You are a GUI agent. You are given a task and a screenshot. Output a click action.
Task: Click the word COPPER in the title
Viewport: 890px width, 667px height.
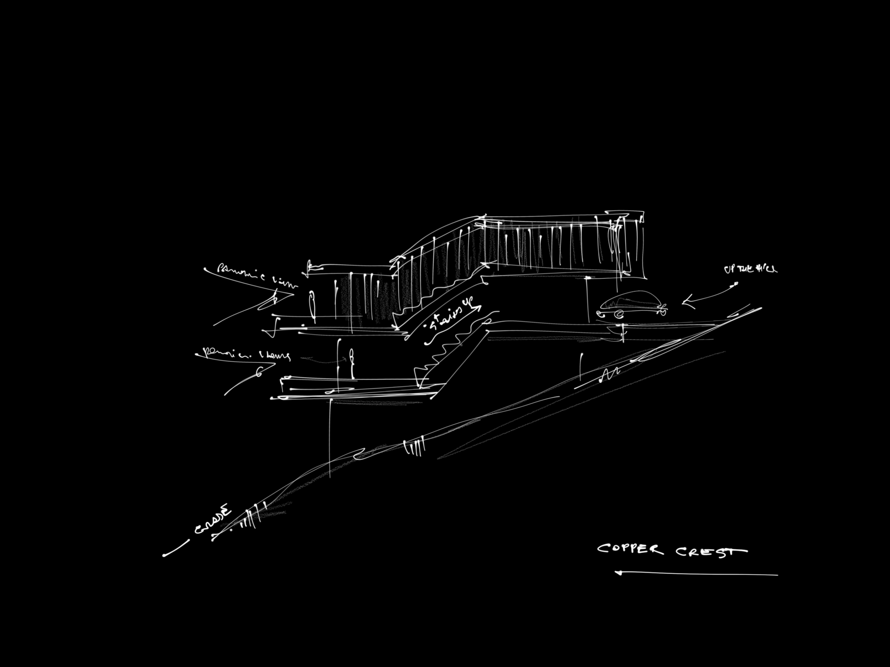630,549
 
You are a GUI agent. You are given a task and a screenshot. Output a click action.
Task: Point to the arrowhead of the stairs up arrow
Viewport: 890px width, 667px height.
479,308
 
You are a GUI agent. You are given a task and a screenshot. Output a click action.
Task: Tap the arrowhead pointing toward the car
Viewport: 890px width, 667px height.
686,301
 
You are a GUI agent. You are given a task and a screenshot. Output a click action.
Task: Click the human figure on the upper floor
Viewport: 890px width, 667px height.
311,306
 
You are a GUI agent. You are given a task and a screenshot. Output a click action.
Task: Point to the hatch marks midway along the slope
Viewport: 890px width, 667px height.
414,447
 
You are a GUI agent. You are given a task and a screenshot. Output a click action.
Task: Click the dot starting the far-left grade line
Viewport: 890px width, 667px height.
164,555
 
